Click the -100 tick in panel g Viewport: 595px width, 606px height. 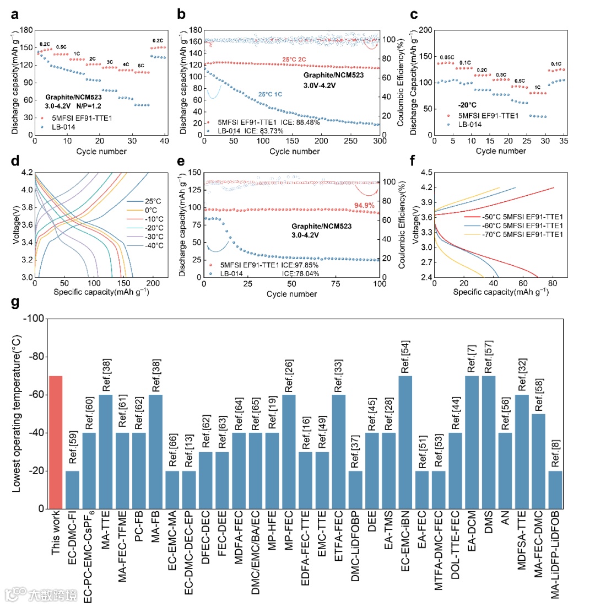34,319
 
